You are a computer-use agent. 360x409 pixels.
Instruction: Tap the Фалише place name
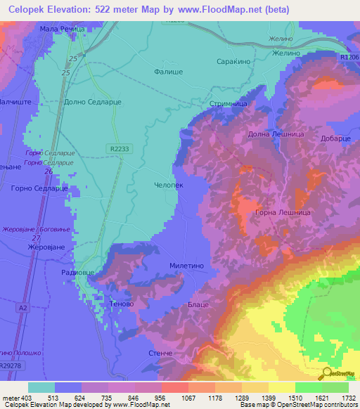168,71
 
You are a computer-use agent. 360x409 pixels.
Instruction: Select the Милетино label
186,266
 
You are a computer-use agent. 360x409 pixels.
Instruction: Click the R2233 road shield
120,148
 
